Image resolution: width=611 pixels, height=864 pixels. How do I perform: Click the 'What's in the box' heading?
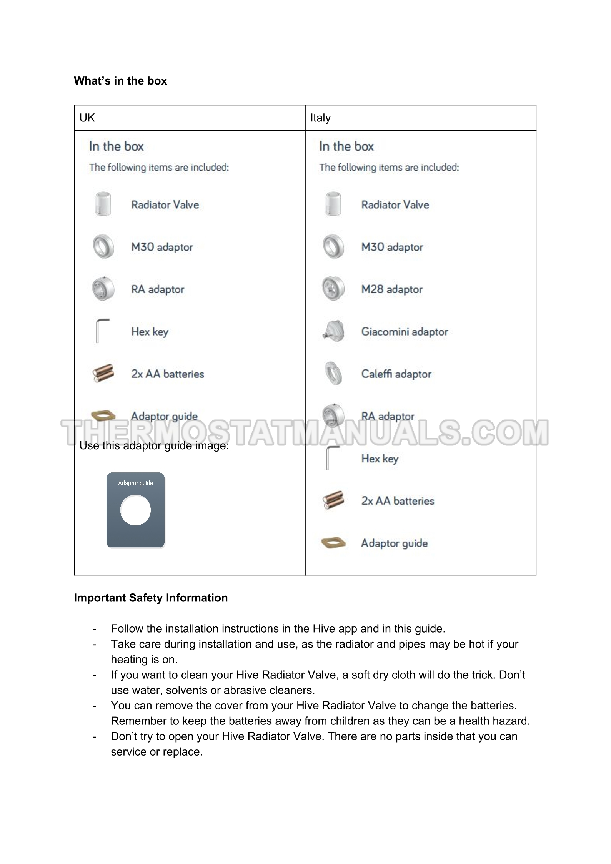(120, 81)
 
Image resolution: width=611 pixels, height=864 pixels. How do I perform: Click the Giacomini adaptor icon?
(333, 331)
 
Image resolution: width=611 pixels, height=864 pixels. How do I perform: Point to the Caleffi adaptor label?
(396, 374)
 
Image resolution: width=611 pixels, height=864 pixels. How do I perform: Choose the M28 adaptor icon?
(333, 289)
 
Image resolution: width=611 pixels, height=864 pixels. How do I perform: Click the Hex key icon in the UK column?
(102, 331)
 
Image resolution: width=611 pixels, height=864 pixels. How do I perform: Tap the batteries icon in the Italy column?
(333, 500)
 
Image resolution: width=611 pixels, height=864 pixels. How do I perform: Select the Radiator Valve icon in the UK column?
(103, 204)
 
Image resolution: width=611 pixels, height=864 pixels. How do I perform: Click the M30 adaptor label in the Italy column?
(392, 247)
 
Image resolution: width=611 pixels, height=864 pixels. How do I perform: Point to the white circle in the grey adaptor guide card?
(135, 510)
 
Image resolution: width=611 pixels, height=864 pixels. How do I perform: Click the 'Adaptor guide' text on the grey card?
(135, 483)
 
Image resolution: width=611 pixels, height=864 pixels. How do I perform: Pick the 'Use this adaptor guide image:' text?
(154, 446)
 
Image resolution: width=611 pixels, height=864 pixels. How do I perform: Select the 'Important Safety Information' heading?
(151, 598)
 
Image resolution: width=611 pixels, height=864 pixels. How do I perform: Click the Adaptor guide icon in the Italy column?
(333, 543)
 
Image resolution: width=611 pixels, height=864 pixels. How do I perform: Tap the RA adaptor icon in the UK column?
(103, 289)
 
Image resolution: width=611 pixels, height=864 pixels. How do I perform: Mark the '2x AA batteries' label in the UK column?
(168, 374)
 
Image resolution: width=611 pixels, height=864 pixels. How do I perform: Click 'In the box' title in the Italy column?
(346, 146)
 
